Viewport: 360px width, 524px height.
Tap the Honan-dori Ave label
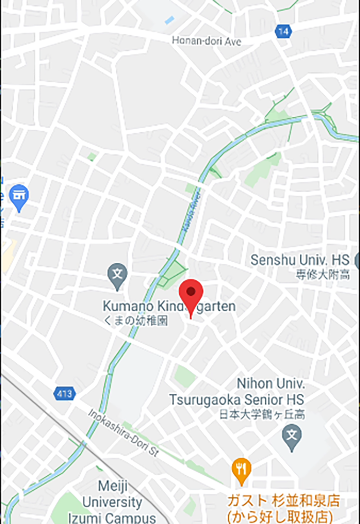(207, 41)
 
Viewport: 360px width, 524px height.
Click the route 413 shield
(64, 393)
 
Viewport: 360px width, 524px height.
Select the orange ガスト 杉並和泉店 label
(284, 502)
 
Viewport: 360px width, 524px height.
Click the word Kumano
(125, 307)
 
